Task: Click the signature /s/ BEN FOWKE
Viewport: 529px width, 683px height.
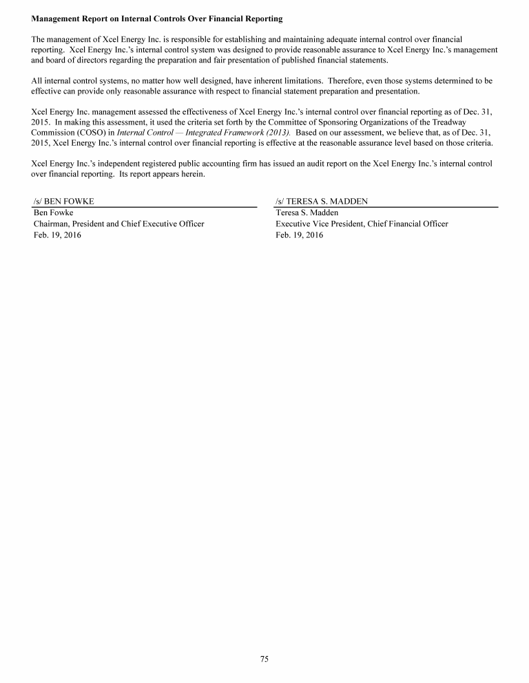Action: pos(64,202)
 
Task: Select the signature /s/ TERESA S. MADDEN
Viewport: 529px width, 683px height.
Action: pos(322,202)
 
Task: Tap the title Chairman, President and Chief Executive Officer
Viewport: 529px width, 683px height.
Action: pos(118,224)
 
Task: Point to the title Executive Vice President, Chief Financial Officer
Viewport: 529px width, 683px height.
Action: pos(362,224)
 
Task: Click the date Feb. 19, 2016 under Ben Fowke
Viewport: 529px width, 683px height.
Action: pos(57,235)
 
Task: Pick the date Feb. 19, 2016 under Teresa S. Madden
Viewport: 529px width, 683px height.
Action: pos(299,235)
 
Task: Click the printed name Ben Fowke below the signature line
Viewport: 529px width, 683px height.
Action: pos(54,213)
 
